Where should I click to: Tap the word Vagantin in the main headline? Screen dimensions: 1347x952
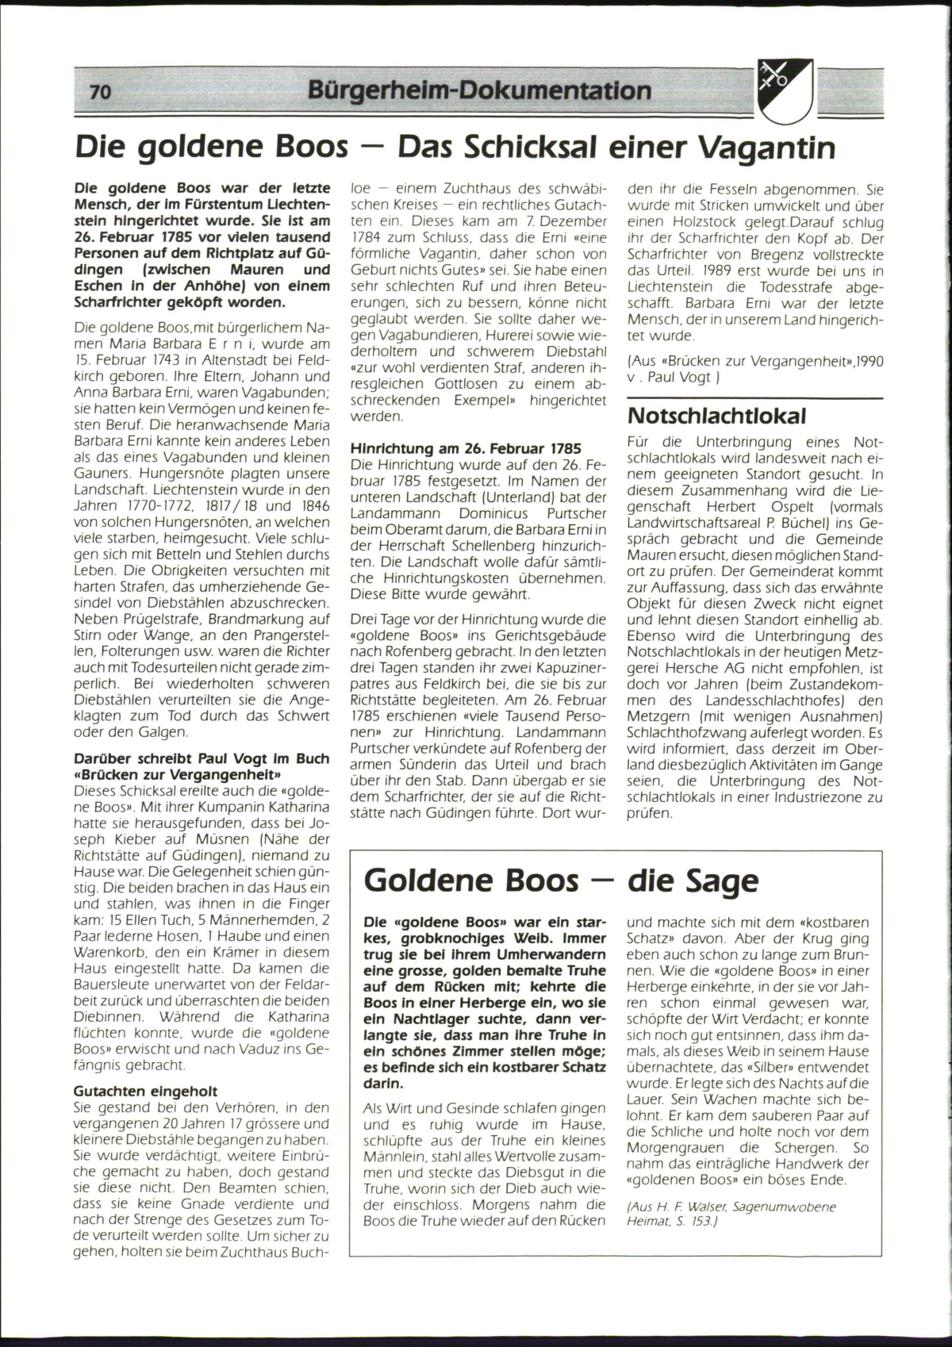pyautogui.click(x=763, y=148)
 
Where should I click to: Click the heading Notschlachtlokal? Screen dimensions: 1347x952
pyautogui.click(x=716, y=416)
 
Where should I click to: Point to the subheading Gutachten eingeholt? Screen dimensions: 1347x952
pyautogui.click(x=145, y=1091)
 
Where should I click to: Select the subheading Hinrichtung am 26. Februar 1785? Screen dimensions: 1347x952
pyautogui.click(x=466, y=448)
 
